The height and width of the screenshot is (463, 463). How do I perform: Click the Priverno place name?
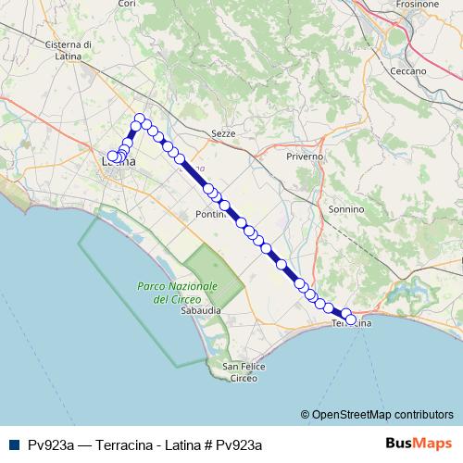pos(305,156)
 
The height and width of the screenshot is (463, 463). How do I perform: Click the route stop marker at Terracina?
pos(348,316)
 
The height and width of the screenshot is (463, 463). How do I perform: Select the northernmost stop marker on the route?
pos(139,119)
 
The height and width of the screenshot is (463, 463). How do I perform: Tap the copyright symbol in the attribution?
pos(306,414)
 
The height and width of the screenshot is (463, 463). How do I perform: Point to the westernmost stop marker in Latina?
pos(113,157)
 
